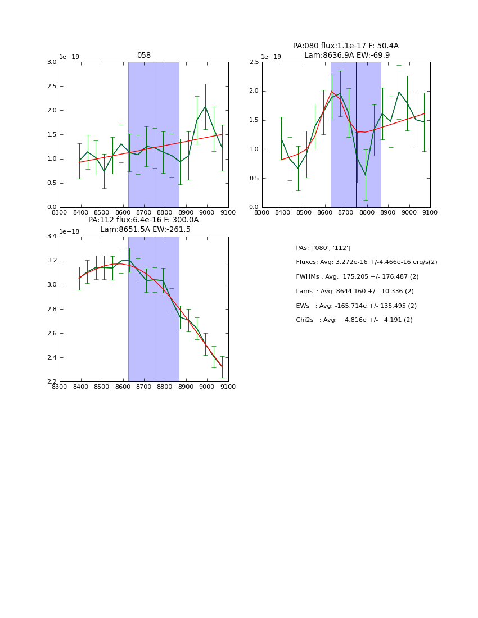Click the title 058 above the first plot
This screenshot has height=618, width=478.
(x=144, y=56)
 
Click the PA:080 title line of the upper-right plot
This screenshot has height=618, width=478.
(x=345, y=46)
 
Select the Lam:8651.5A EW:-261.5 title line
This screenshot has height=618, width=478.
(x=145, y=229)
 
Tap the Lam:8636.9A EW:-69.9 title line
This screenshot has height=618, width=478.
(x=346, y=55)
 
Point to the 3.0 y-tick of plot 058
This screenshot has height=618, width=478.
(x=51, y=62)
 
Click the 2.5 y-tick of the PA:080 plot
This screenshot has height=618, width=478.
(x=254, y=62)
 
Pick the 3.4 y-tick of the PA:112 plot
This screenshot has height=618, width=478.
(x=51, y=237)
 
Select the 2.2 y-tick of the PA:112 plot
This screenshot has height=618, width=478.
(x=51, y=382)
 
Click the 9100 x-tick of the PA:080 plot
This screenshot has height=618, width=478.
(x=430, y=213)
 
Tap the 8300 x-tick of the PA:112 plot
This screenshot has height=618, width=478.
(x=60, y=387)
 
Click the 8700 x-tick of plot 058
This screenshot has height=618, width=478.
(x=143, y=213)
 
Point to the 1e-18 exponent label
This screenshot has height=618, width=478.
(x=69, y=231)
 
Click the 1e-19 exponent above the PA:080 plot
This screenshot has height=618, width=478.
(x=272, y=57)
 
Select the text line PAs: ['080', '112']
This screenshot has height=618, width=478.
(x=323, y=248)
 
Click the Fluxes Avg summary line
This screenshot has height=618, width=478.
(x=366, y=262)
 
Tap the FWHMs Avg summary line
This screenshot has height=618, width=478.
(x=357, y=276)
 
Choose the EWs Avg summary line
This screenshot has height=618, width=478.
(x=356, y=306)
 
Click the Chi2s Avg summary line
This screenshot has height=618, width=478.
(x=354, y=320)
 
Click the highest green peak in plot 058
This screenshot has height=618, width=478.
(x=205, y=106)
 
